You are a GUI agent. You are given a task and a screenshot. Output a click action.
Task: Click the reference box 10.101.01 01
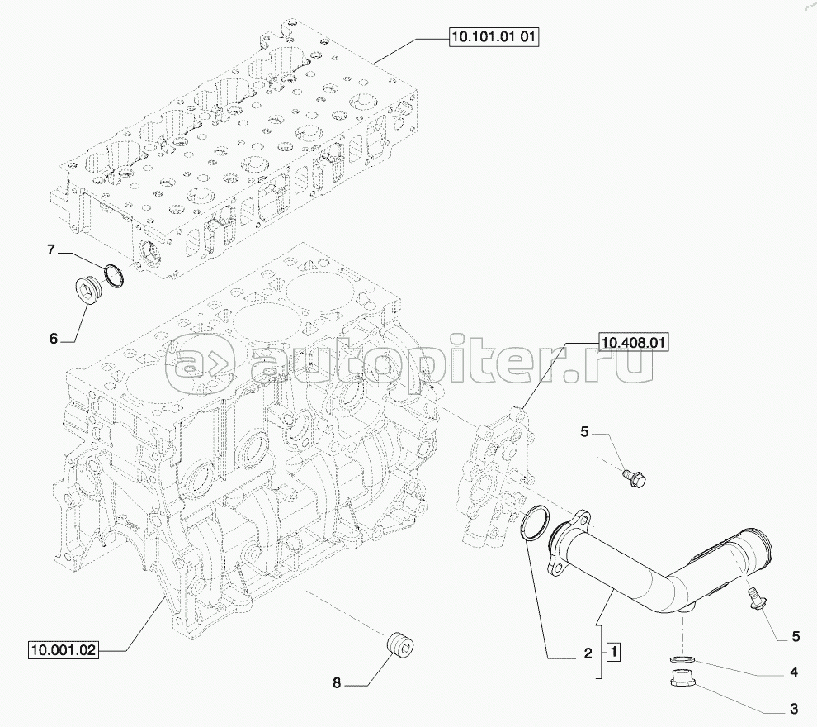pos(493,37)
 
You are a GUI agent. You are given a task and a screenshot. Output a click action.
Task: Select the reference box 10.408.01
pos(633,343)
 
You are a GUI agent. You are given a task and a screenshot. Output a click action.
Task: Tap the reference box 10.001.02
pos(64,650)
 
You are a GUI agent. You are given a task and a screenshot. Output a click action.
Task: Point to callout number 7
pos(50,250)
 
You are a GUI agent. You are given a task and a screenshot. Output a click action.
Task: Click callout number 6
pos(54,339)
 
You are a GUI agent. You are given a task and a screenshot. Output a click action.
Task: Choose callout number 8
pos(337,682)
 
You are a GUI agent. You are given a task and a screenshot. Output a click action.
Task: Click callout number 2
pos(588,653)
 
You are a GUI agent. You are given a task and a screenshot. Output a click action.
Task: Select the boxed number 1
pos(614,652)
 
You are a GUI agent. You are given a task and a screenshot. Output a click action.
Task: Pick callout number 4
pos(794,672)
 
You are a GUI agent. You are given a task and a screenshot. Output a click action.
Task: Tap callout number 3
pos(794,709)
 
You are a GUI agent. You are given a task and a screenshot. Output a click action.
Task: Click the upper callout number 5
pos(584,432)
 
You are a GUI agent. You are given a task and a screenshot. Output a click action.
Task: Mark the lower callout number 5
pos(796,637)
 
